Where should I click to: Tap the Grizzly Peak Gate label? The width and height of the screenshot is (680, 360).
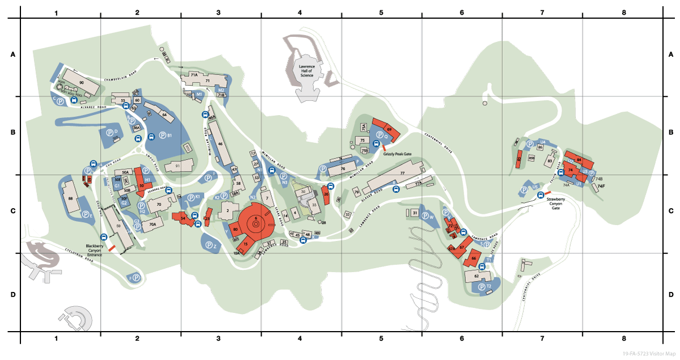pos(397,153)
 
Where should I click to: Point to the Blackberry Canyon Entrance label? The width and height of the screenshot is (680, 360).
pos(94,250)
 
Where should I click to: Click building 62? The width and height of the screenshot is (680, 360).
pos(477,276)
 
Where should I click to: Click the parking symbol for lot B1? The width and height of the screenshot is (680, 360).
pos(163,135)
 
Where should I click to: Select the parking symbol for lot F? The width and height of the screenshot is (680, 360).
pos(137,277)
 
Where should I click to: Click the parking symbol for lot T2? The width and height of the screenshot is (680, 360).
pos(481,287)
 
